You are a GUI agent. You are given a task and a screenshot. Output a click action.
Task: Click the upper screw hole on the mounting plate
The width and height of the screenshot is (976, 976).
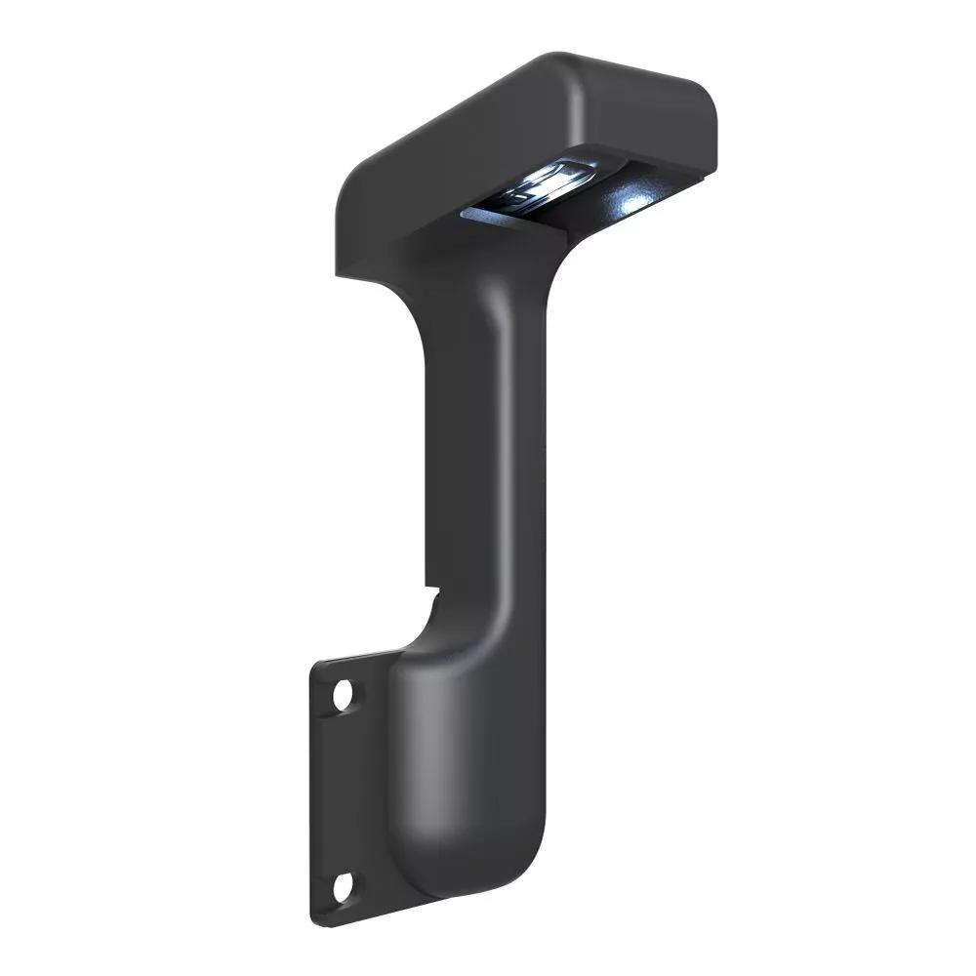[x=344, y=695]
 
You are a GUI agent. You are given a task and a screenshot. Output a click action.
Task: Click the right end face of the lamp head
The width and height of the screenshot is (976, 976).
[x=654, y=127]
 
